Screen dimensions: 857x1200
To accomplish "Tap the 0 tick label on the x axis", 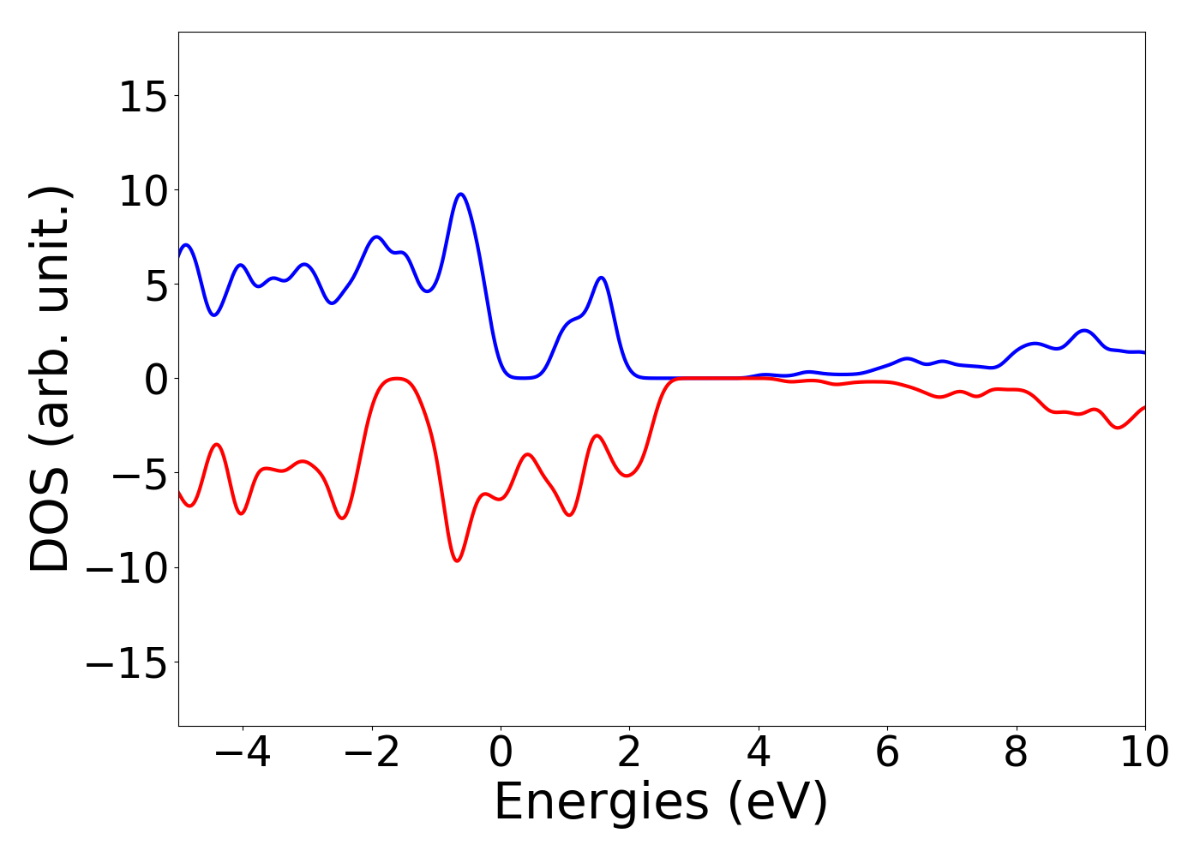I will [501, 752].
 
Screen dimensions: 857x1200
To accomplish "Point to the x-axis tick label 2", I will [629, 752].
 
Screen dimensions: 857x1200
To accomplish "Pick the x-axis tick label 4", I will [759, 752].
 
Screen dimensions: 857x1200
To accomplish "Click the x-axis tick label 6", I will [887, 752].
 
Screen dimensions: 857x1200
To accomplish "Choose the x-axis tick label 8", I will [1016, 752].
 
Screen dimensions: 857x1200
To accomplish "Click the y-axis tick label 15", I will [142, 97].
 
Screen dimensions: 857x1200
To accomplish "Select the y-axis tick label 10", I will [142, 191].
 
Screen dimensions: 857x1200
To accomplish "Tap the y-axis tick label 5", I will [154, 285].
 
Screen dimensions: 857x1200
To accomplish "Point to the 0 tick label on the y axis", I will [154, 380].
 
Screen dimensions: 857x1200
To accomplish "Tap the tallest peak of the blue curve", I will [461, 194].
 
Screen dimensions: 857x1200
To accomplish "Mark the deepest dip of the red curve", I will [458, 560].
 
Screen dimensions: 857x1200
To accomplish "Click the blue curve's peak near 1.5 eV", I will [602, 278].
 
